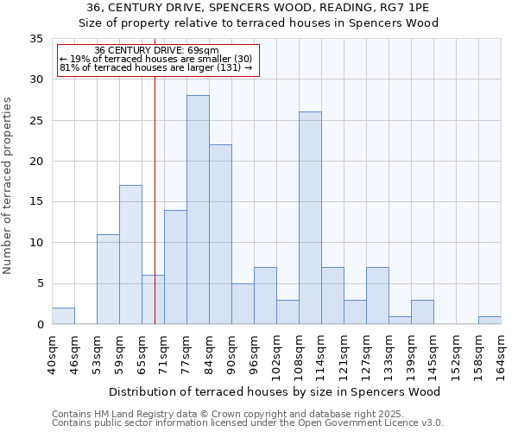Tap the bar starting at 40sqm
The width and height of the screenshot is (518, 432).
(x=63, y=316)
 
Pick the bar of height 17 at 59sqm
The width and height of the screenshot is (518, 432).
(x=130, y=255)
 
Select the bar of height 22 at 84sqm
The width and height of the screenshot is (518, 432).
(x=220, y=234)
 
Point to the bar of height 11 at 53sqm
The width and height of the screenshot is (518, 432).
(x=108, y=279)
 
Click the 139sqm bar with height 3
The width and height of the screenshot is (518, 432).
(x=422, y=312)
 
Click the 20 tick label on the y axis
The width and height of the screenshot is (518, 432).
(x=36, y=162)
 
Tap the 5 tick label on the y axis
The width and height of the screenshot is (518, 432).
(x=40, y=284)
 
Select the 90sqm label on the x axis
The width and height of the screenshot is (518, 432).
(x=231, y=353)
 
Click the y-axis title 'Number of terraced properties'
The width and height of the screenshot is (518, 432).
(x=9, y=186)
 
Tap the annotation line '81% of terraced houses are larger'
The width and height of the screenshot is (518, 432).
(x=155, y=67)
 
